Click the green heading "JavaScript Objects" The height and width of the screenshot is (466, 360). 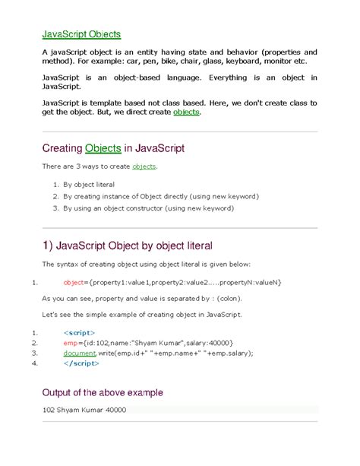tap(81, 34)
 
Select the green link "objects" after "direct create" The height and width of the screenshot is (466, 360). tap(187, 112)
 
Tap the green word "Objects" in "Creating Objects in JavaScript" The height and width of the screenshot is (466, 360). tap(109, 147)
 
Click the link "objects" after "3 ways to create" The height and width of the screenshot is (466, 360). tap(144, 166)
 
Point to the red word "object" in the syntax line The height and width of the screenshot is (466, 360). tap(74, 282)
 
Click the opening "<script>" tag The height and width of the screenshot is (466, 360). tap(78, 332)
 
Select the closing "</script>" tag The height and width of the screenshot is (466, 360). tap(81, 363)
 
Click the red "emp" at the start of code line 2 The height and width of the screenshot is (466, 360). tap(71, 343)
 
